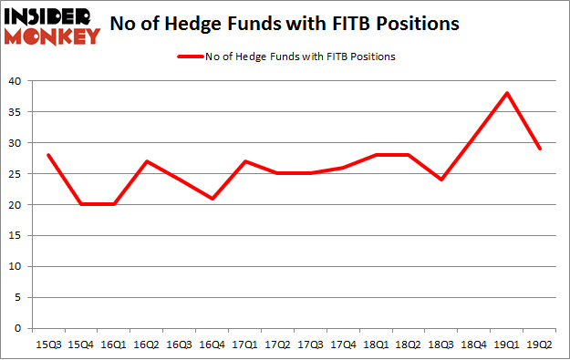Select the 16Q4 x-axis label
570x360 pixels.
click(x=212, y=345)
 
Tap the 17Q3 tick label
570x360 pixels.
click(x=310, y=345)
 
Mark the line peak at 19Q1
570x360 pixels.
click(x=507, y=93)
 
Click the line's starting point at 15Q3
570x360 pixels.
click(x=48, y=155)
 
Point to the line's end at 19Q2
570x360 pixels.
click(x=540, y=149)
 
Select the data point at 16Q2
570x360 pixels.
click(x=147, y=161)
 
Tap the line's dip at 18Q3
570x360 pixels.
click(x=441, y=180)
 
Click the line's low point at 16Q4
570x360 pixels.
click(x=212, y=198)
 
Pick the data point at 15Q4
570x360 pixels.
click(x=81, y=204)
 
